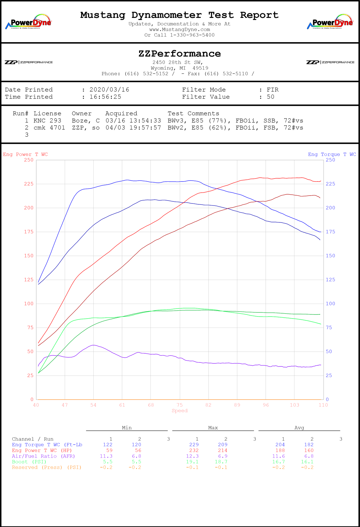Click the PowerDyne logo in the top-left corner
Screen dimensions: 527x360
(x=29, y=21)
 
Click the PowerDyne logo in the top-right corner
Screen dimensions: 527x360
(x=330, y=21)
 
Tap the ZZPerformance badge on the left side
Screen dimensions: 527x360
(x=29, y=62)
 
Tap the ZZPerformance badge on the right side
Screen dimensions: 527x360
(x=330, y=62)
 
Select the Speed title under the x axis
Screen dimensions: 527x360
(x=179, y=411)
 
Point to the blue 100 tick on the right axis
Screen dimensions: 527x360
(x=330, y=304)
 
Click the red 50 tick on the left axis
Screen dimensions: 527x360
(x=30, y=352)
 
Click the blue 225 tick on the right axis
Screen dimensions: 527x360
(x=330, y=184)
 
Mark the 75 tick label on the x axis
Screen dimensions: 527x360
(x=179, y=405)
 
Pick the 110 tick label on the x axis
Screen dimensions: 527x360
(x=323, y=405)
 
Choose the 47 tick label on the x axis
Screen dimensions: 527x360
(x=65, y=405)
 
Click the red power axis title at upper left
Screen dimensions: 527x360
(x=25, y=154)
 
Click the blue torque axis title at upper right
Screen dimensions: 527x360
(x=332, y=154)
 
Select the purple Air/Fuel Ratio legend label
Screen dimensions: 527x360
(x=43, y=456)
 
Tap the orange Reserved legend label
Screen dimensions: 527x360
(x=46, y=467)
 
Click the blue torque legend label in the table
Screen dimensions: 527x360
(x=47, y=445)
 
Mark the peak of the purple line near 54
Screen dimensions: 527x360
(x=93, y=345)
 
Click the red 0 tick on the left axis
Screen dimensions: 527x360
(x=32, y=399)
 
